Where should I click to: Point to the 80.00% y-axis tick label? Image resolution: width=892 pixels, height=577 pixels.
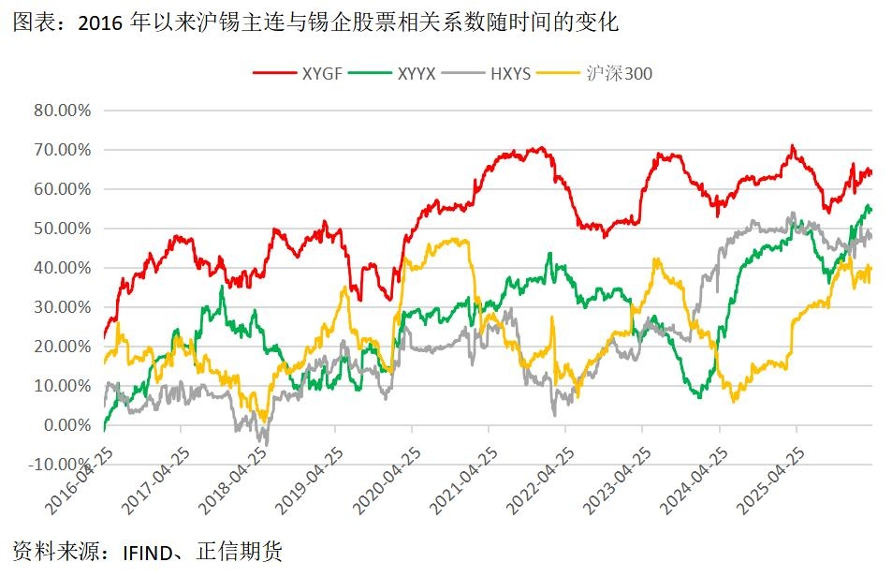tap(63, 111)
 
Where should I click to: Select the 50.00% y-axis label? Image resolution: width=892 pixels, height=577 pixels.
tap(63, 229)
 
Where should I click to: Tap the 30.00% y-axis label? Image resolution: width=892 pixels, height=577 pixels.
tap(63, 307)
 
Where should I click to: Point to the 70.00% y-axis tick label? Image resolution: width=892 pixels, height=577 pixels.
tap(63, 150)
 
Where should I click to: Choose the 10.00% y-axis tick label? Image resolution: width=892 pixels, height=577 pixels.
tap(63, 386)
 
